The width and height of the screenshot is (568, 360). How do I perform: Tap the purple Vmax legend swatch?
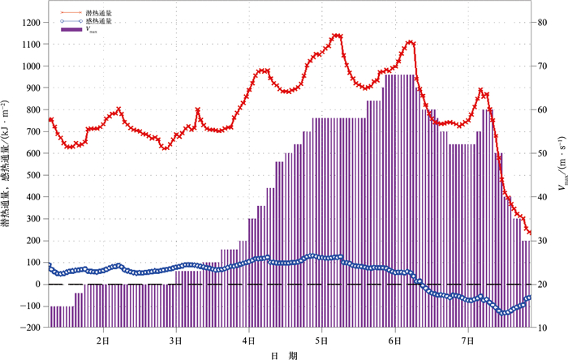72,29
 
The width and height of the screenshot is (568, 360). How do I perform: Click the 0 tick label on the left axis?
38,285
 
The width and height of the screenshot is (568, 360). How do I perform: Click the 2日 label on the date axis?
103,340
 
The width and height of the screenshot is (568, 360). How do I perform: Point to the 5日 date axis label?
322,340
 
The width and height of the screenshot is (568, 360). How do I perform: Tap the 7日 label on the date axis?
468,340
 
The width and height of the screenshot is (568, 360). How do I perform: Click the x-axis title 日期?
285,354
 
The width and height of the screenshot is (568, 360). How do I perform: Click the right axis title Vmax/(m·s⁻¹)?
561,175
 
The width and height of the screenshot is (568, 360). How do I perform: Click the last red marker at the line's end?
528,233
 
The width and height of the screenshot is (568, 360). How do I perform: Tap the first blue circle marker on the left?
49,265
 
